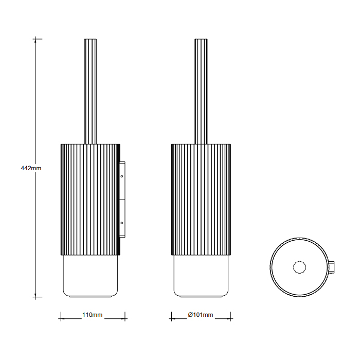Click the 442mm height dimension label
point(31,168)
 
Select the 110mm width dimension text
point(92,315)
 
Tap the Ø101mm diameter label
point(201,315)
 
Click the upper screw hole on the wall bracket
point(122,176)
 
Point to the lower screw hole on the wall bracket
point(122,223)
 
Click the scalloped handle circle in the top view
point(300,267)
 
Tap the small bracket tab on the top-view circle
point(332,267)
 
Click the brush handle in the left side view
point(91,92)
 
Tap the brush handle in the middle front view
point(201,92)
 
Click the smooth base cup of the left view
point(91,276)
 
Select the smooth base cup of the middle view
point(201,276)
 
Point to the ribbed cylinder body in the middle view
point(201,200)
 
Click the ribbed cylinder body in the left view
point(91,200)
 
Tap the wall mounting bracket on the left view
point(122,200)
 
